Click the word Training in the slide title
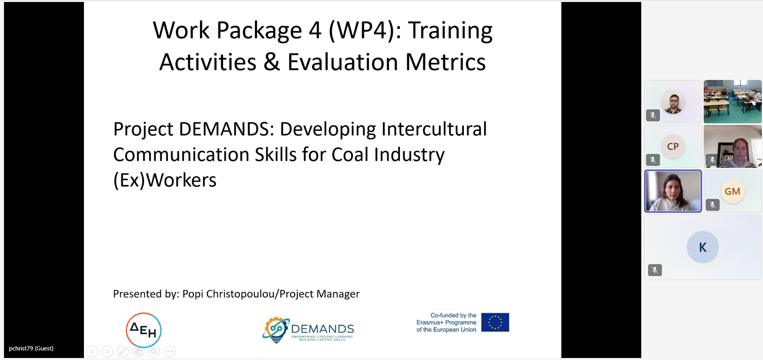pyautogui.click(x=450, y=31)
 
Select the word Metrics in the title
pyautogui.click(x=446, y=62)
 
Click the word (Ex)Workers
pyautogui.click(x=165, y=180)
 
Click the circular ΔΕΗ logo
pyautogui.click(x=144, y=330)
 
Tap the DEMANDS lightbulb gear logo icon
pyautogui.click(x=276, y=330)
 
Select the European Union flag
pyautogui.click(x=495, y=322)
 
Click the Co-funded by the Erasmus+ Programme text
pyautogui.click(x=446, y=322)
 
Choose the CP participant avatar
pyautogui.click(x=673, y=146)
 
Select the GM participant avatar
pyautogui.click(x=732, y=191)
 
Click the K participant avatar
pyautogui.click(x=703, y=247)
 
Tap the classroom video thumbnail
pyautogui.click(x=732, y=101)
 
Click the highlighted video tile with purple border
pyautogui.click(x=673, y=191)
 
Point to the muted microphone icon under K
pyautogui.click(x=655, y=270)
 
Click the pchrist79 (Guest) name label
pyautogui.click(x=31, y=348)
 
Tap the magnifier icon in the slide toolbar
pyautogui.click(x=154, y=351)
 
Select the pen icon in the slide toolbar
pyautogui.click(x=123, y=351)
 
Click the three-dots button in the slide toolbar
pyautogui.click(x=169, y=351)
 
